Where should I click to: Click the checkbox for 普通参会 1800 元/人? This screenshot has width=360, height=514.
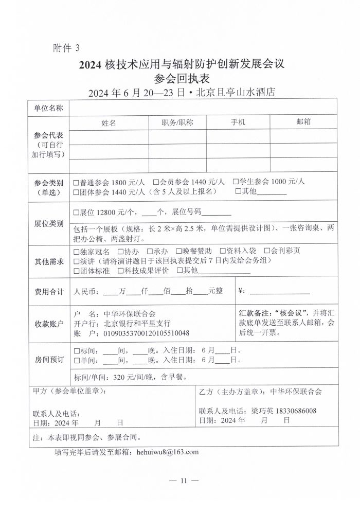click(x=76, y=182)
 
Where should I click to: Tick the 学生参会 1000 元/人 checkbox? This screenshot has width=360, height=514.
click(x=236, y=182)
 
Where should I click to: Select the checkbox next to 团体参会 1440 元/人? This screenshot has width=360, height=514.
click(x=76, y=192)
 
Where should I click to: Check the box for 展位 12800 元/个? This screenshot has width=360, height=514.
click(x=76, y=212)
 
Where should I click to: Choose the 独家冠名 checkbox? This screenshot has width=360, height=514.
click(x=76, y=252)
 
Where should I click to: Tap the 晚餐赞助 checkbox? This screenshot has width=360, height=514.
click(x=178, y=252)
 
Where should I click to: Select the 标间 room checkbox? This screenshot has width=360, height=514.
click(x=76, y=350)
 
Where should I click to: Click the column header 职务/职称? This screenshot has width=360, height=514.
click(x=177, y=122)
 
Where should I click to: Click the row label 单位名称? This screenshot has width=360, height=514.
click(x=48, y=108)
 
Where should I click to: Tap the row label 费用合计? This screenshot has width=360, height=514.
click(x=48, y=291)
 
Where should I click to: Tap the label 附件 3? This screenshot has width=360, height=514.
click(x=67, y=48)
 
